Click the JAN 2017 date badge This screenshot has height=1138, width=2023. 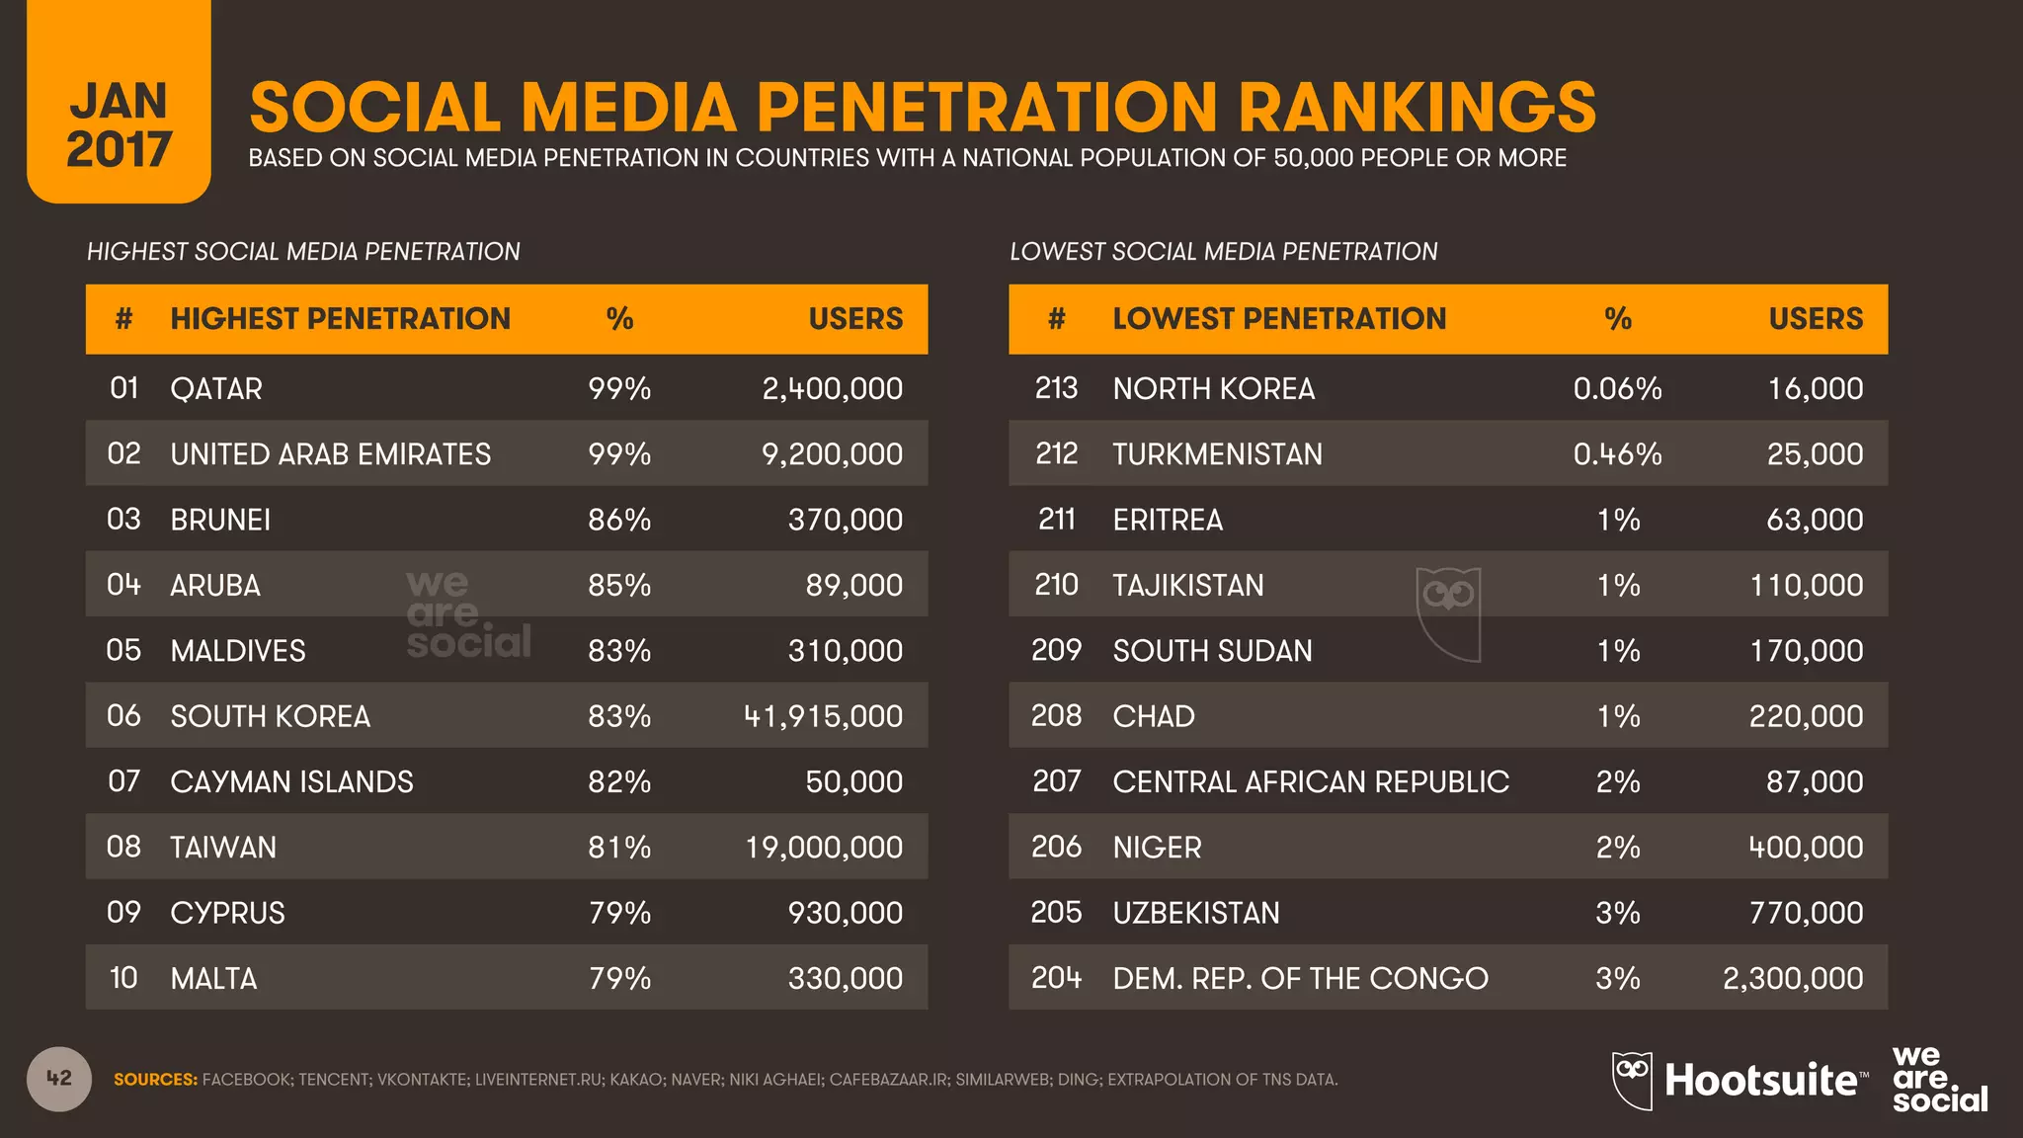[119, 123]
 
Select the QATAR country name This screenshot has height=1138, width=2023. [216, 388]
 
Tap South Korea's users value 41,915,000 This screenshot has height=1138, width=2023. [823, 716]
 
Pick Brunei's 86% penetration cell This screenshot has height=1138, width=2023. [619, 520]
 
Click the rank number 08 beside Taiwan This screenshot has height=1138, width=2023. [123, 848]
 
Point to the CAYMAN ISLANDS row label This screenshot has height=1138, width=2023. [291, 782]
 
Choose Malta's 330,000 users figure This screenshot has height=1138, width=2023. [845, 978]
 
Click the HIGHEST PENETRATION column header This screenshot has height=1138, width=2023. [340, 319]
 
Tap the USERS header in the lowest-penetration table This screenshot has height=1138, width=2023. [1816, 319]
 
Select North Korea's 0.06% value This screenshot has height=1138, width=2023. [1617, 388]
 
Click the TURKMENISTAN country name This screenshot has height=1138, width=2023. [1217, 454]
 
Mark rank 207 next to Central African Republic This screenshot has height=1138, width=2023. [1056, 782]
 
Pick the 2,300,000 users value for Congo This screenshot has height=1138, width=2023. [1793, 978]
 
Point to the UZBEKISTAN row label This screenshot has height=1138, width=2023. [1196, 913]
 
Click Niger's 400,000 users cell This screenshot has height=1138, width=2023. [1806, 848]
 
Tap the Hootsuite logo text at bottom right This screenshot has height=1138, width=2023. [1760, 1081]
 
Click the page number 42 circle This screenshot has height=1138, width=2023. [59, 1079]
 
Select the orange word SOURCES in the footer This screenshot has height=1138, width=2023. [155, 1080]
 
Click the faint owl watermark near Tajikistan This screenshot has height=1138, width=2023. [1448, 612]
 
